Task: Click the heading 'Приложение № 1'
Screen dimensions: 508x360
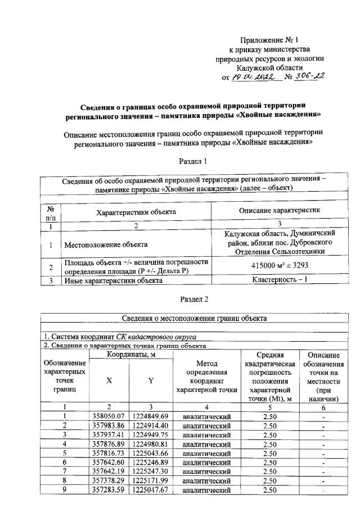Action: click(x=268, y=40)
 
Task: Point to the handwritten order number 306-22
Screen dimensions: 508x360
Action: click(x=309, y=76)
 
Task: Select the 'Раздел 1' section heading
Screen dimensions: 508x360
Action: click(x=193, y=161)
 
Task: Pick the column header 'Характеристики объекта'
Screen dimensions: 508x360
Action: click(x=144, y=212)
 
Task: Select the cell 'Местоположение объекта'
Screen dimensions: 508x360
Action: click(x=106, y=244)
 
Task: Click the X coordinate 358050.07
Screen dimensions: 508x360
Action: click(x=109, y=416)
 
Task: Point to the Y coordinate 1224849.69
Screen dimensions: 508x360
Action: click(x=150, y=416)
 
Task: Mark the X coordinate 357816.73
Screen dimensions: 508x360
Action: click(x=109, y=453)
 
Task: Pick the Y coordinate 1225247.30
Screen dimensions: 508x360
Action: click(x=150, y=471)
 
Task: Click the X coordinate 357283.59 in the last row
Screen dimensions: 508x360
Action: click(x=109, y=490)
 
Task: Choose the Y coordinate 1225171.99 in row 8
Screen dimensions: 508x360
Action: click(x=150, y=480)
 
